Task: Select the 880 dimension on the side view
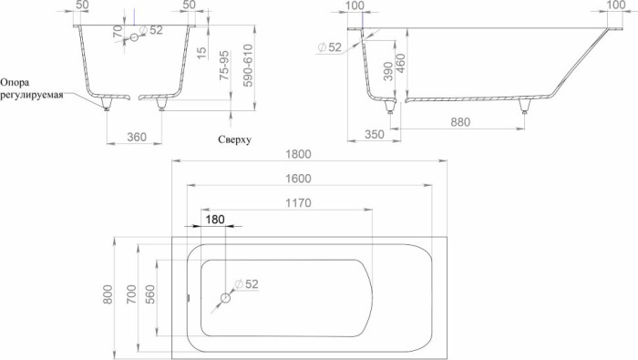(x=465, y=121)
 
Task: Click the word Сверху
(x=234, y=139)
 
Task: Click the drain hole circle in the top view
(x=225, y=297)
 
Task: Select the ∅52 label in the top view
(x=246, y=283)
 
